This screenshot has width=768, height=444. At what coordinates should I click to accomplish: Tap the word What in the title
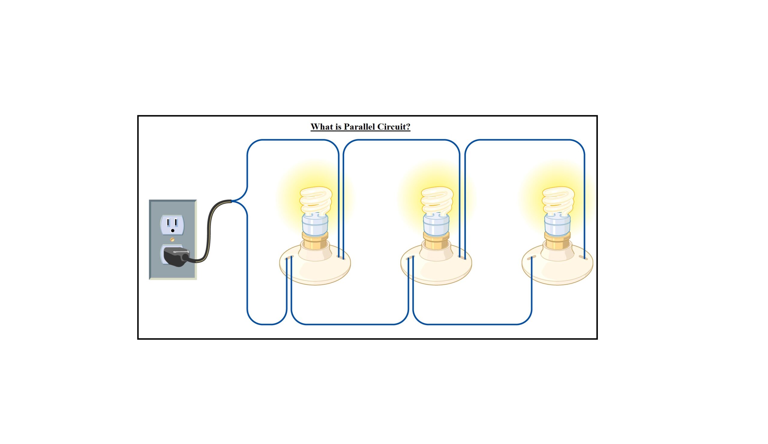click(322, 127)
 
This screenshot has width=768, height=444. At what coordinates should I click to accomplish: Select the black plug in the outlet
click(175, 256)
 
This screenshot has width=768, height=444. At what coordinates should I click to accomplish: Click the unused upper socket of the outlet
click(172, 225)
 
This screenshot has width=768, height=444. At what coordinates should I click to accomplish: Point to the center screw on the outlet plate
click(172, 239)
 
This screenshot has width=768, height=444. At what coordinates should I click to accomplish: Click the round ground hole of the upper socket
click(172, 231)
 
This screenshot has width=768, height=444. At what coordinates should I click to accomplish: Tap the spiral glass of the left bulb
click(316, 200)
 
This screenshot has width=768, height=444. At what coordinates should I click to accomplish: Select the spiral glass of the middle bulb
click(437, 200)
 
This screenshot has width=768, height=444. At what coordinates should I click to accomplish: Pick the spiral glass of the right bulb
click(558, 200)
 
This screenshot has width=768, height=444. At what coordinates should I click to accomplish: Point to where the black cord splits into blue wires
click(232, 201)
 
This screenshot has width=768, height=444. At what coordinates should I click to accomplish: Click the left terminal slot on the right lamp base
click(531, 258)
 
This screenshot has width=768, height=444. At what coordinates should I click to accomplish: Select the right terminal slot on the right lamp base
click(583, 258)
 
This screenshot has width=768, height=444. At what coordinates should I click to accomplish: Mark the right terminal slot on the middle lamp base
click(462, 258)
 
